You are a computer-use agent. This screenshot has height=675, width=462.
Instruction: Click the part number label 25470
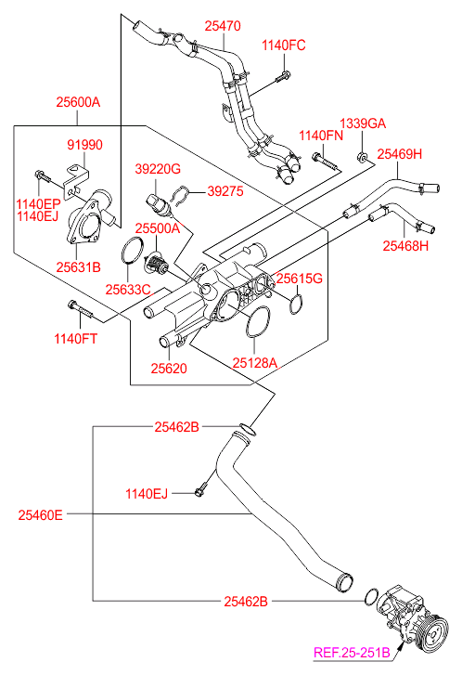(x=223, y=26)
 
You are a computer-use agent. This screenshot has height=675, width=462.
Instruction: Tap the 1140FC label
(x=284, y=45)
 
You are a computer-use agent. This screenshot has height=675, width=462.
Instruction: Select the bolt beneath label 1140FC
(x=282, y=77)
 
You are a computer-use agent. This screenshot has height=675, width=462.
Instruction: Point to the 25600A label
(x=78, y=102)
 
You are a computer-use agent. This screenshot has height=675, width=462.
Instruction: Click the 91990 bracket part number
(x=84, y=145)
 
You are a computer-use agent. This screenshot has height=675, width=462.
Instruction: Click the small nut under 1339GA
(x=362, y=156)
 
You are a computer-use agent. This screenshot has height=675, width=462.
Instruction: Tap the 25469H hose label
(x=400, y=154)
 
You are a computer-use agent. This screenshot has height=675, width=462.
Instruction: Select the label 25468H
(x=405, y=245)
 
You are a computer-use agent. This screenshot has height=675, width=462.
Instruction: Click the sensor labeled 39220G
(x=159, y=205)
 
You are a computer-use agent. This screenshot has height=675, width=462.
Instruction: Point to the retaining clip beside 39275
(x=181, y=195)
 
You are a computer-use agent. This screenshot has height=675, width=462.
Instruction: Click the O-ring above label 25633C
(x=133, y=250)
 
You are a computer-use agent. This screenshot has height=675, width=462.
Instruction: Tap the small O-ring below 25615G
(x=296, y=305)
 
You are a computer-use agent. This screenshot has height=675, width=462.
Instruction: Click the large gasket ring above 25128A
(x=257, y=321)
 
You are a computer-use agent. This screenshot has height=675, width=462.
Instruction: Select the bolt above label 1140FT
(x=80, y=308)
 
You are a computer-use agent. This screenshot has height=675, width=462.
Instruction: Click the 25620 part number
(x=169, y=369)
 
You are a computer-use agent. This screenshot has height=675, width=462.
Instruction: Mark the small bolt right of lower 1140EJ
(x=201, y=491)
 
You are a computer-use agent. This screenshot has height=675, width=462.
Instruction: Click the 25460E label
(x=41, y=515)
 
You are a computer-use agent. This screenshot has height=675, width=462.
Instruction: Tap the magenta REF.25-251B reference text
(x=352, y=653)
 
